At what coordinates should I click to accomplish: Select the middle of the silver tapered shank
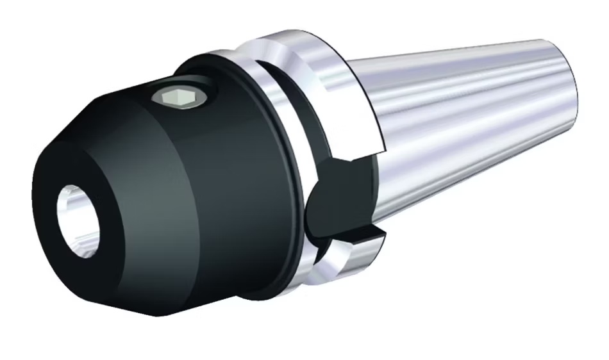(x=462, y=128)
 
